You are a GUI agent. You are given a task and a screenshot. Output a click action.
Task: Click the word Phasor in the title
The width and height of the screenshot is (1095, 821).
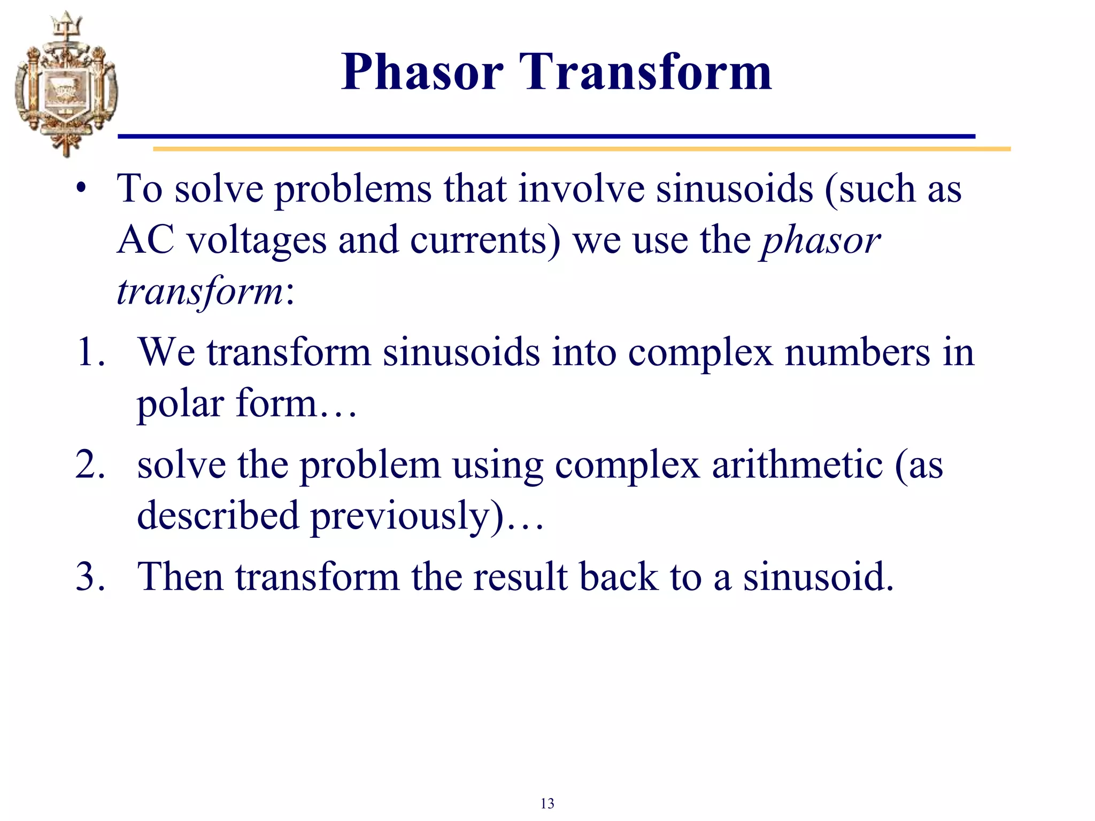pos(422,72)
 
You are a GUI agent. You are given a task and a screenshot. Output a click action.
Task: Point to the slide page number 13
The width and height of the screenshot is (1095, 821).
pos(547,803)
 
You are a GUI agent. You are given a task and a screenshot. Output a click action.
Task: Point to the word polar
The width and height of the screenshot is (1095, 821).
pos(180,404)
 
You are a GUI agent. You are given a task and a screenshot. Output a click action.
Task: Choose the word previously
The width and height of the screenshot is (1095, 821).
pos(406,516)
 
